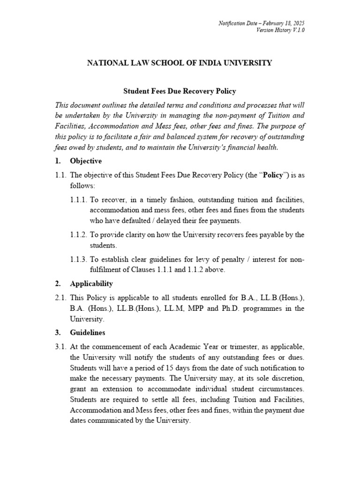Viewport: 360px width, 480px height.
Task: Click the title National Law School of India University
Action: click(180, 62)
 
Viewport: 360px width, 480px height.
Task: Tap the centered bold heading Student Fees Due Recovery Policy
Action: click(180, 91)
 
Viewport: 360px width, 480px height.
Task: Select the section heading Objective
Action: click(85, 161)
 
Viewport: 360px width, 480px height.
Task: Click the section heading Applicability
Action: click(91, 284)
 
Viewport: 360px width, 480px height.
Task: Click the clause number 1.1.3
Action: click(78, 259)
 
